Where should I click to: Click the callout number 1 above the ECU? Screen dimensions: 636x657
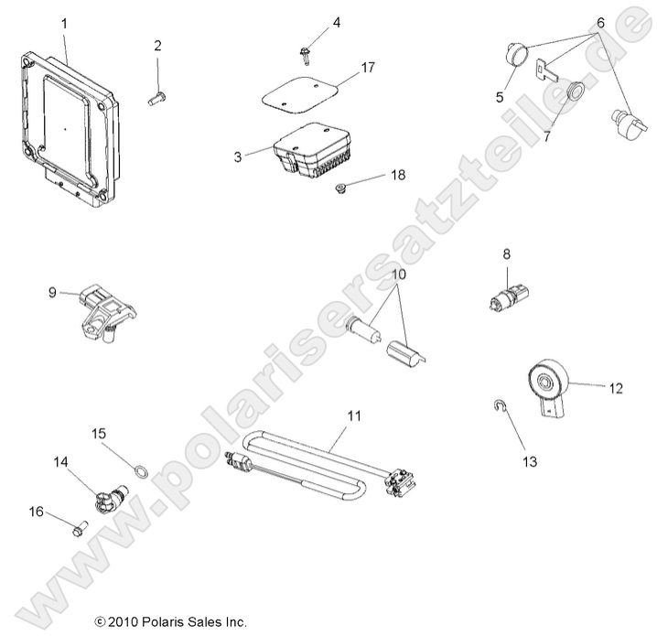[x=63, y=21]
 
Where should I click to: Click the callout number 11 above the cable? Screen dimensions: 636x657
[x=354, y=415]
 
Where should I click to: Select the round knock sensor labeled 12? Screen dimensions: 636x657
[x=553, y=380]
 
